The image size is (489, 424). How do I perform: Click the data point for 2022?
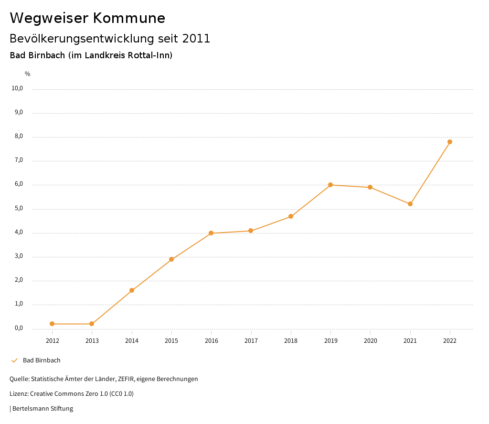tap(450, 142)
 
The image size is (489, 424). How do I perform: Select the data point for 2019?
tap(330, 185)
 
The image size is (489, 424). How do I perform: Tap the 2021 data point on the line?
tap(410, 204)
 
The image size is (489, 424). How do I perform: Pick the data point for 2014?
tap(132, 290)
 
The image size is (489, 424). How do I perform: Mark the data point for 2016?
tap(211, 233)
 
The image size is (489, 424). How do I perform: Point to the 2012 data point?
tap(52, 324)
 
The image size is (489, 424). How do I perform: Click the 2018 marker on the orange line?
tap(291, 216)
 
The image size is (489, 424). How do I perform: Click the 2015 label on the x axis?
tap(171, 340)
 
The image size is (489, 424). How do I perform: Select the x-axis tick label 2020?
tap(371, 340)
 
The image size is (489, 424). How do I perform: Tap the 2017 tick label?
tap(251, 340)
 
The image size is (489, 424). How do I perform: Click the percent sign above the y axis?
tap(28, 74)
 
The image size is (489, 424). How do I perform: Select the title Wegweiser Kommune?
tap(87, 18)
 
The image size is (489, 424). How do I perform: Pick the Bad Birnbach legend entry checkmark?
tap(14, 360)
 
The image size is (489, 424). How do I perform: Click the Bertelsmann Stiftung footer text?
tap(43, 409)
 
